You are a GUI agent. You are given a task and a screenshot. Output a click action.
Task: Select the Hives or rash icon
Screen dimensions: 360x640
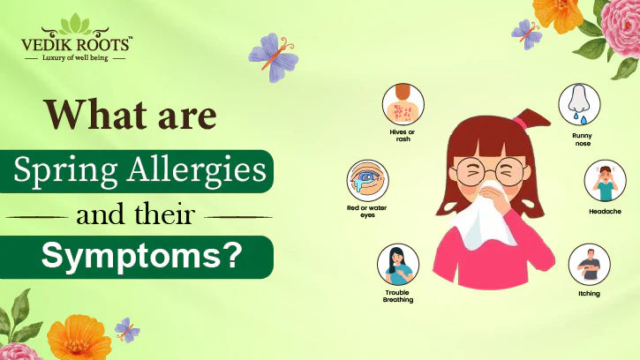403,105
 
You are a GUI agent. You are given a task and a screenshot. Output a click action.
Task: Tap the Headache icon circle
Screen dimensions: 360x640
605,181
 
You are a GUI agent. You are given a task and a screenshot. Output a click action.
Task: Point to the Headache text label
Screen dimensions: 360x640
605,212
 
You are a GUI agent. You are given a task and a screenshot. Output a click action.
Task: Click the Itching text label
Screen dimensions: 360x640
589,294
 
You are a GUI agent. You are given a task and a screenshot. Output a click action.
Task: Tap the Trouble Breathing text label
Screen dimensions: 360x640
398,296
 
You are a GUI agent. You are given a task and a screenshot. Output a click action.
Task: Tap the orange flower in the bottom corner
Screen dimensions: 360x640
78,339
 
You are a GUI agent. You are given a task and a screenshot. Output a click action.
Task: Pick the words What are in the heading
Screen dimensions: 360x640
130,116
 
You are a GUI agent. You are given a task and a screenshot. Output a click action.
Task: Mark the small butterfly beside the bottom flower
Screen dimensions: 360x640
126,329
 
